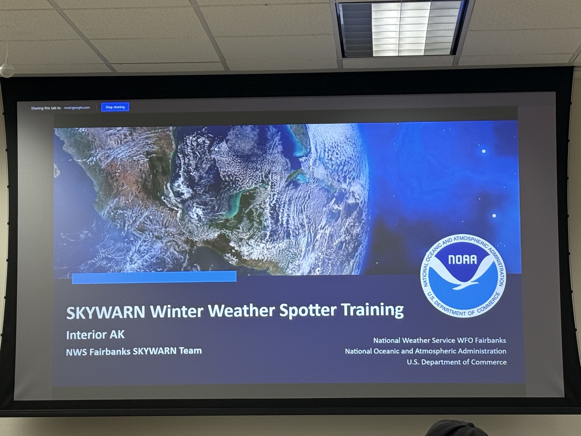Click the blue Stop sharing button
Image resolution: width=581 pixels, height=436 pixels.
(x=115, y=107)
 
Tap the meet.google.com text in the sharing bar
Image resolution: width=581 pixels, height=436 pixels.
(x=77, y=108)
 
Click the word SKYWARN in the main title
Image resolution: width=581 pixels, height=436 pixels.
(x=106, y=312)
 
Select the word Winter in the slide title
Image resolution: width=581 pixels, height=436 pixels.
(x=177, y=311)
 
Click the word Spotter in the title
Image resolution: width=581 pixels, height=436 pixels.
(x=308, y=310)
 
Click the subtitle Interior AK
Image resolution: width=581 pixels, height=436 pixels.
(x=95, y=335)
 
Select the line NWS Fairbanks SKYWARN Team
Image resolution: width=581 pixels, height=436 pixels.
(x=134, y=351)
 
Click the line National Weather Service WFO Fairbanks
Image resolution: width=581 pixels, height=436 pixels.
(x=440, y=340)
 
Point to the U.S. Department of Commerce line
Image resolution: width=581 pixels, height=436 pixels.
(x=457, y=362)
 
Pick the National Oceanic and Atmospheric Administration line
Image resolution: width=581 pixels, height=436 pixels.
(x=426, y=351)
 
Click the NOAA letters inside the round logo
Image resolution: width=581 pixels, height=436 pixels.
(x=462, y=260)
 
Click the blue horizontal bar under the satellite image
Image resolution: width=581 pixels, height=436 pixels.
(x=154, y=277)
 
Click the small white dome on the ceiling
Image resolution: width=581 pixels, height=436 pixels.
(x=6, y=71)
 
